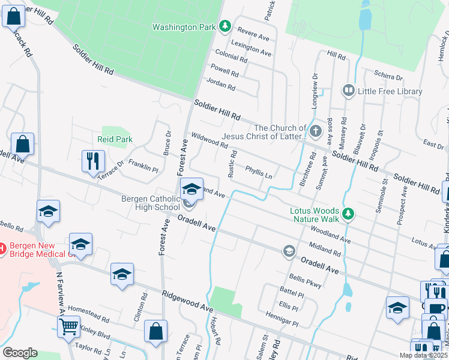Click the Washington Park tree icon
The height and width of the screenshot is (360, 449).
click(224, 26)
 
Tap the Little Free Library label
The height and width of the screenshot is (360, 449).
click(390, 91)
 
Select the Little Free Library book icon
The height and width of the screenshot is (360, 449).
click(348, 91)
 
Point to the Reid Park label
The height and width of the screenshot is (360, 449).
click(115, 139)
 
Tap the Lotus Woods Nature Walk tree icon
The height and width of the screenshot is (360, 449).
click(348, 213)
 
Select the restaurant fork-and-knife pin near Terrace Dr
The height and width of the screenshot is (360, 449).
click(93, 161)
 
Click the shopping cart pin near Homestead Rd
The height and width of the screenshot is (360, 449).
click(69, 327)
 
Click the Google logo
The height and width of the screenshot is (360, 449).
click(20, 353)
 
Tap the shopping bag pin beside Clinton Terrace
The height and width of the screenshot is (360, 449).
click(155, 331)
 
